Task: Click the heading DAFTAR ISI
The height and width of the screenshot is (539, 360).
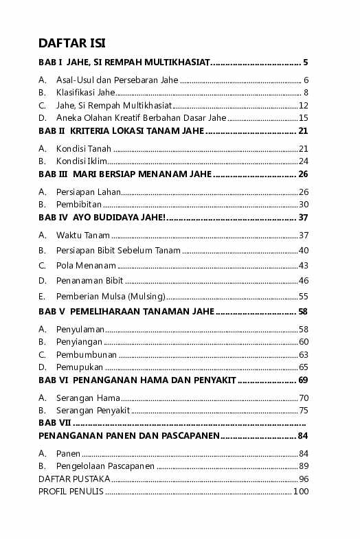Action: click(71, 44)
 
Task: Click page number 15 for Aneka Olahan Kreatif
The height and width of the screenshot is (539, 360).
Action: click(304, 118)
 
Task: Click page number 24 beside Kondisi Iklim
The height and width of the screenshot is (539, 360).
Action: click(304, 161)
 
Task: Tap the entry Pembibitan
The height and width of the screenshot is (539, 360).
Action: click(79, 204)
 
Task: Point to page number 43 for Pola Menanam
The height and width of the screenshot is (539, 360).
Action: click(304, 266)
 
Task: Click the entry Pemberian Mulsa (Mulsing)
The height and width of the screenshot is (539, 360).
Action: click(111, 296)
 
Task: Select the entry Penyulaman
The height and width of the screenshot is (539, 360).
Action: click(80, 329)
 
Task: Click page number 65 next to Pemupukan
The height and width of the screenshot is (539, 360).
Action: click(304, 367)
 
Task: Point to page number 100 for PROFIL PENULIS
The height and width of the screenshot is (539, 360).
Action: click(301, 492)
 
